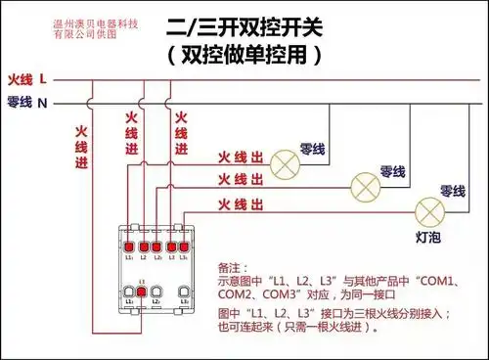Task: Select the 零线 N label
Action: [27, 102]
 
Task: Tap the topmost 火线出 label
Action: [241, 157]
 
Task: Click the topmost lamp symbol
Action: [285, 163]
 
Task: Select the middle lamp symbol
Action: [365, 185]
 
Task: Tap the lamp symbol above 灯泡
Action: [430, 209]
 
